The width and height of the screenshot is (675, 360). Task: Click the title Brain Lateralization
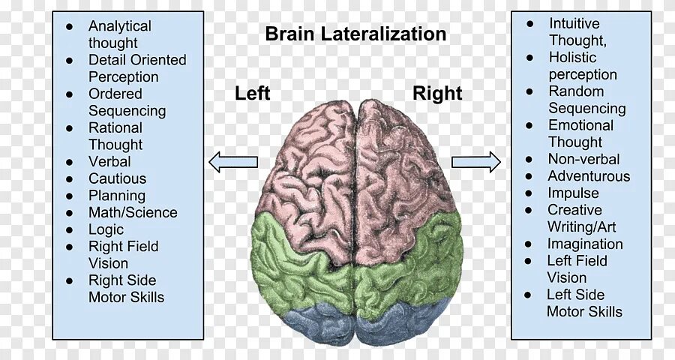[355, 34]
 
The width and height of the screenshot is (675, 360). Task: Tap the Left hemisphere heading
[253, 94]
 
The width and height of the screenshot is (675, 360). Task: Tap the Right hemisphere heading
[437, 94]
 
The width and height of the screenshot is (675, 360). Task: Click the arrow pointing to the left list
[233, 161]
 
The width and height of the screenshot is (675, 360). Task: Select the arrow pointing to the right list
[475, 161]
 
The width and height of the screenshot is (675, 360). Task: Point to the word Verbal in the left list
[109, 161]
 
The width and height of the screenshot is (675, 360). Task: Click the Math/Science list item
[133, 212]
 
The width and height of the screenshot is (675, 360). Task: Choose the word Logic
[106, 229]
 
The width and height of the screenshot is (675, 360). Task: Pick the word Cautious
[117, 178]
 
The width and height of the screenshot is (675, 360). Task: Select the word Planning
[117, 196]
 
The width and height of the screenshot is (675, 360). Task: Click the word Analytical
[120, 26]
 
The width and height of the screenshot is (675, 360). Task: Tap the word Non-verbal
[583, 159]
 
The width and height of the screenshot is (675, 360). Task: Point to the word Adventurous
[589, 176]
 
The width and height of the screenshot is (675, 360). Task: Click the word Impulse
[573, 193]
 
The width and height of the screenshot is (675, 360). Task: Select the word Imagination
[585, 244]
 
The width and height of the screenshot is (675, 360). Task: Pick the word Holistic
[573, 57]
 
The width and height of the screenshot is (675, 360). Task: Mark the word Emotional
[580, 125]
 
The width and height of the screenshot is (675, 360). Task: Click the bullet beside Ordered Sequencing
[70, 94]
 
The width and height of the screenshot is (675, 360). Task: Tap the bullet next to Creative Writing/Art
[529, 211]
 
